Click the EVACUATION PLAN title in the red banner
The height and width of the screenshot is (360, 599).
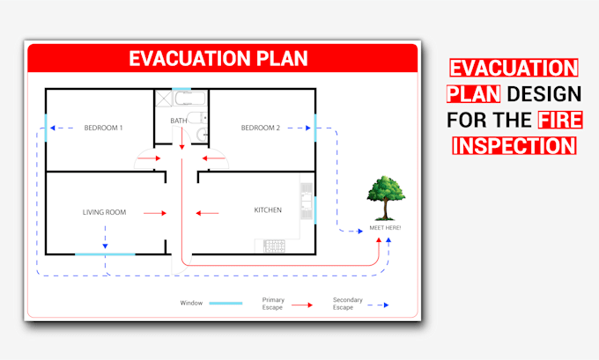(218, 59)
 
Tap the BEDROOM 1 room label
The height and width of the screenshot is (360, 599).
(103, 129)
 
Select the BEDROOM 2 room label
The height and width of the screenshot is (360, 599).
(260, 129)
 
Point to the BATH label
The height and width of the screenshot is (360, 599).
(179, 121)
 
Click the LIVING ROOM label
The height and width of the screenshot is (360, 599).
(105, 212)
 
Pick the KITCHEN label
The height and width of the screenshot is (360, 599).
(268, 210)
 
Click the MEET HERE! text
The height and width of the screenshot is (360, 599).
(385, 228)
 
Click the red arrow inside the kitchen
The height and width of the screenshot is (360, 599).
(208, 212)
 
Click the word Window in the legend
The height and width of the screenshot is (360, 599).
(191, 303)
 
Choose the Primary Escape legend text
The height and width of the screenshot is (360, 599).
(273, 304)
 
